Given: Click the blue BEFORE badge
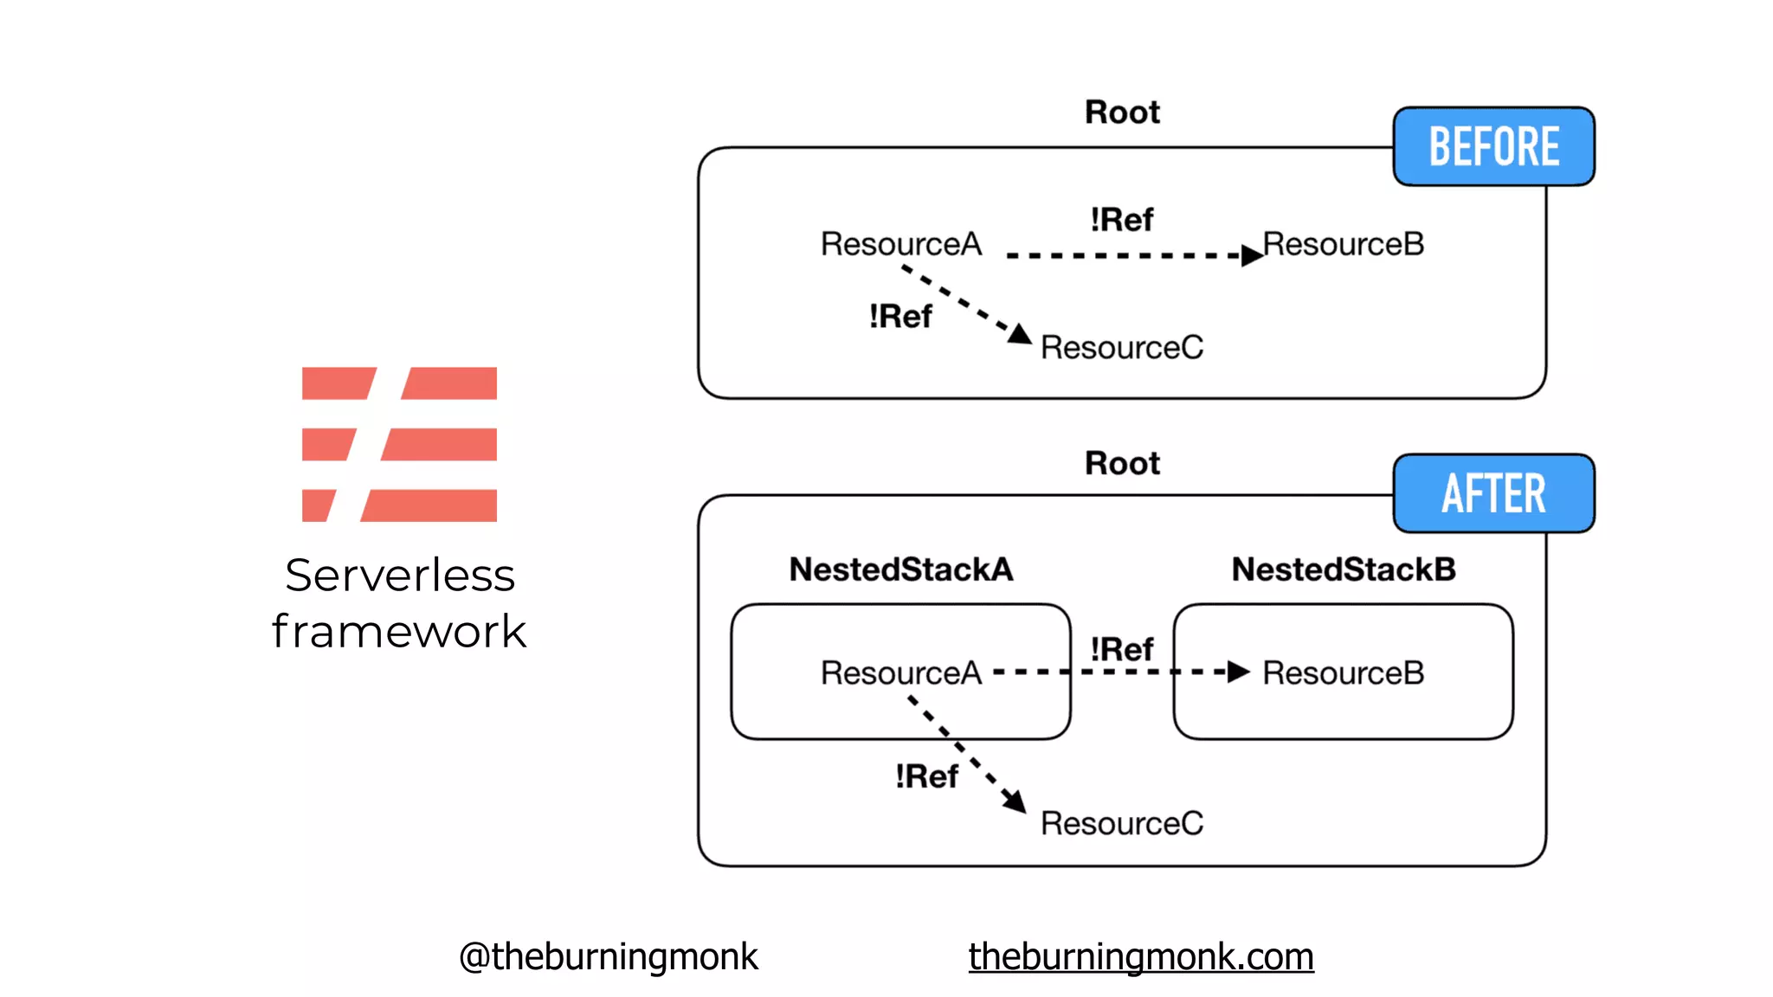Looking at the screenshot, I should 1493,146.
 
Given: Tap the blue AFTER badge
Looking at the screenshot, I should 1493,493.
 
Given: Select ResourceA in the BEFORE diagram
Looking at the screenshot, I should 900,244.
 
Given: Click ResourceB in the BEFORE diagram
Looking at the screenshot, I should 1344,244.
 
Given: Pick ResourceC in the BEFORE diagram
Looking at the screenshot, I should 1121,348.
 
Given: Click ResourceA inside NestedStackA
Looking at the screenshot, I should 900,673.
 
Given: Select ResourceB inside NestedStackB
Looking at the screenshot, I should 1344,673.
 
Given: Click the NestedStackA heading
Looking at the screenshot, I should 900,569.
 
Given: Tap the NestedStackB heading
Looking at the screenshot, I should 1344,569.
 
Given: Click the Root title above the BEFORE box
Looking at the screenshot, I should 1122,113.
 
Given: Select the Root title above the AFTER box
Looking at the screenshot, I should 1122,464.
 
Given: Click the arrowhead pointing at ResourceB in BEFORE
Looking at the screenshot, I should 1251,255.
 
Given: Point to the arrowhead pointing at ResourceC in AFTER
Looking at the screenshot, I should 1015,801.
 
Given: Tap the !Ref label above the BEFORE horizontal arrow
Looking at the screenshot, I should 1121,220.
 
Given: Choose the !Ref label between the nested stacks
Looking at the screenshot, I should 1121,649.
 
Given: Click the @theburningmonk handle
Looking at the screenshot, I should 608,957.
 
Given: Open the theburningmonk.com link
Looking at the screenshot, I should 1140,957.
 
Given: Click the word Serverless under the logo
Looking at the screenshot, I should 400,576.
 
